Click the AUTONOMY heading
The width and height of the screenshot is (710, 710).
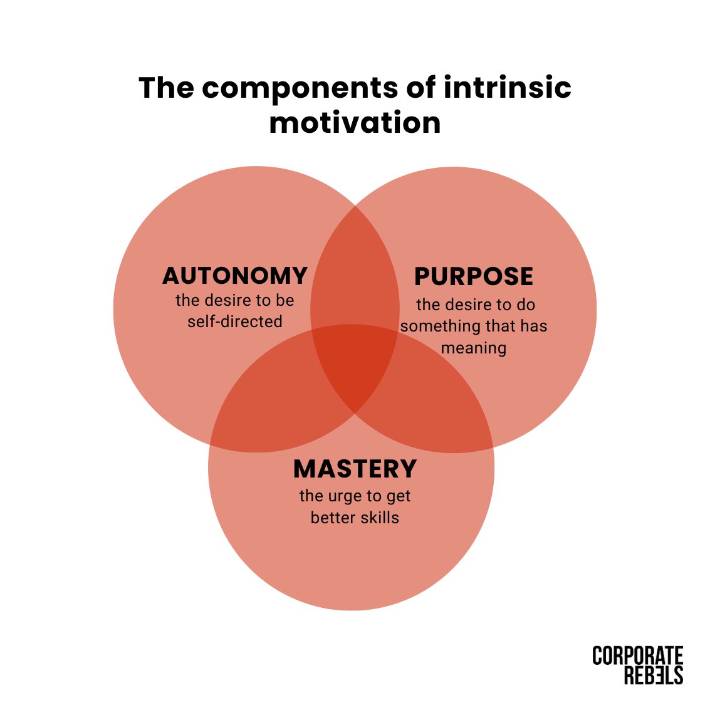pos(235,276)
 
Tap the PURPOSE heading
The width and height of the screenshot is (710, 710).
pos(474,276)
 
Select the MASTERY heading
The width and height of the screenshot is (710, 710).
pos(355,469)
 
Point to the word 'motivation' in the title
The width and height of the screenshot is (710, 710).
pos(355,122)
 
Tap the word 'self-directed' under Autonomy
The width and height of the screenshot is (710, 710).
pos(235,321)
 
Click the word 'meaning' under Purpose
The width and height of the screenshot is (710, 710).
pos(474,347)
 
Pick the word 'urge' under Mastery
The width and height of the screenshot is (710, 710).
pos(343,496)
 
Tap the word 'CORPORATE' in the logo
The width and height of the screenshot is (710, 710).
pos(637,656)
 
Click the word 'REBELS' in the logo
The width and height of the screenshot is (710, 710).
pos(653,675)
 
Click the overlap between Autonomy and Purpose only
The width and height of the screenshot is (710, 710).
pos(355,276)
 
